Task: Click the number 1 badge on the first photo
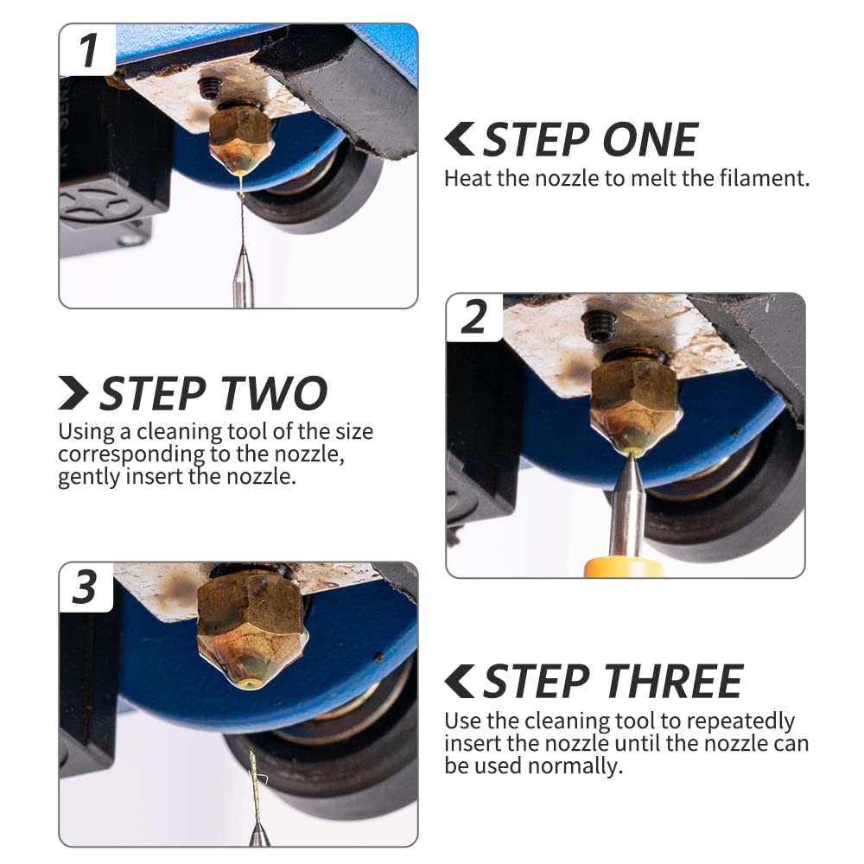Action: point(87,50)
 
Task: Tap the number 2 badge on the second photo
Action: point(473,317)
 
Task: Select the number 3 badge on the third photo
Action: point(86,588)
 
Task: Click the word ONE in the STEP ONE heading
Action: point(651,140)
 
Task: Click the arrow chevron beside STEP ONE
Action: point(460,139)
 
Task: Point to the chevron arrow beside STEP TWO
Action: point(73,393)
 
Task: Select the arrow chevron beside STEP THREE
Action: point(460,682)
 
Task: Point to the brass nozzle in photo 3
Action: point(251,633)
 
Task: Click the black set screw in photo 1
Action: point(210,87)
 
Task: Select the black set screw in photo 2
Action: point(598,326)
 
